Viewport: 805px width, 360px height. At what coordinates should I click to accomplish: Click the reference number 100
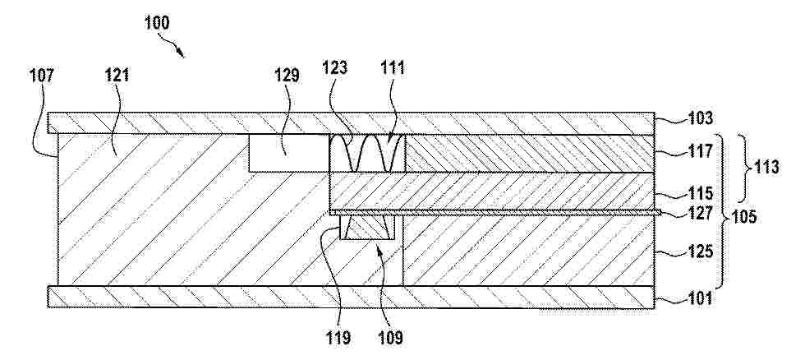pyautogui.click(x=157, y=22)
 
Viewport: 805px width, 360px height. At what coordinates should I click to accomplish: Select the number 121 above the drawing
pyautogui.click(x=116, y=75)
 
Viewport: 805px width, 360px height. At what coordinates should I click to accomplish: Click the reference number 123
pyautogui.click(x=336, y=67)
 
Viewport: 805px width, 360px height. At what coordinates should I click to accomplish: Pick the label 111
pyautogui.click(x=393, y=67)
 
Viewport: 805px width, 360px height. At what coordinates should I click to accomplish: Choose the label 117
pyautogui.click(x=700, y=151)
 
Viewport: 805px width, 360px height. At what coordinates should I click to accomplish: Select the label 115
pyautogui.click(x=700, y=194)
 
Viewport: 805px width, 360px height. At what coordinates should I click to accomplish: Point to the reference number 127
pyautogui.click(x=700, y=213)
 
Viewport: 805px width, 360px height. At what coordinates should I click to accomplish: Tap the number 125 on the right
pyautogui.click(x=700, y=252)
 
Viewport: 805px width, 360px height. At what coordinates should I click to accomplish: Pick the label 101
pyautogui.click(x=700, y=298)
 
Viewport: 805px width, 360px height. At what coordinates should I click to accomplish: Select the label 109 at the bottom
pyautogui.click(x=391, y=338)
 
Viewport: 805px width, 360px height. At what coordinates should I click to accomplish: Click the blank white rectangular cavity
pyautogui.click(x=288, y=153)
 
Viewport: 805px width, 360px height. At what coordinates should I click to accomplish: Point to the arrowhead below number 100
pyautogui.click(x=180, y=53)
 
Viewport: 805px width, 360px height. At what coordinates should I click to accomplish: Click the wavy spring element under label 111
pyautogui.click(x=366, y=153)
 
